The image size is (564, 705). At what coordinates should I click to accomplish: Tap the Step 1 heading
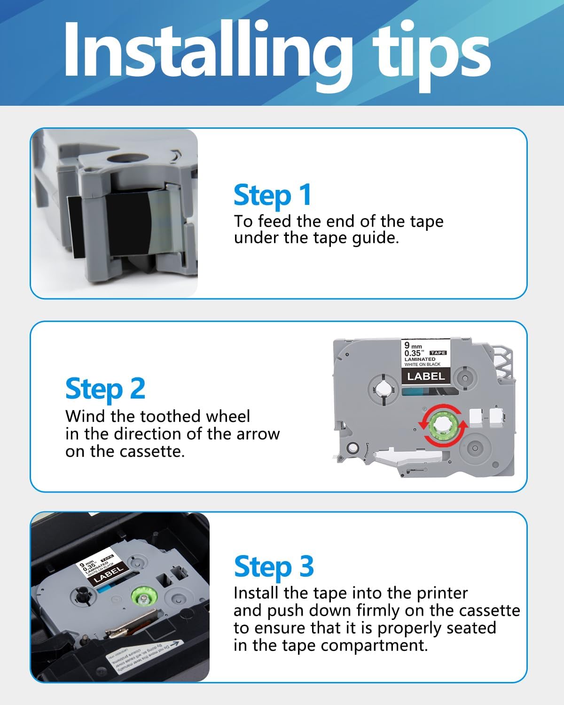[273, 195]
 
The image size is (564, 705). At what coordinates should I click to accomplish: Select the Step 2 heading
[105, 389]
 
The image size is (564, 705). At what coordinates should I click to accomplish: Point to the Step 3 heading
[274, 566]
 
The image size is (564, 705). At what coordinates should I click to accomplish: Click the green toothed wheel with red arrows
[443, 425]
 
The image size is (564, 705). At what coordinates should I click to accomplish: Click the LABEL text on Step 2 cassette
[425, 376]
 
